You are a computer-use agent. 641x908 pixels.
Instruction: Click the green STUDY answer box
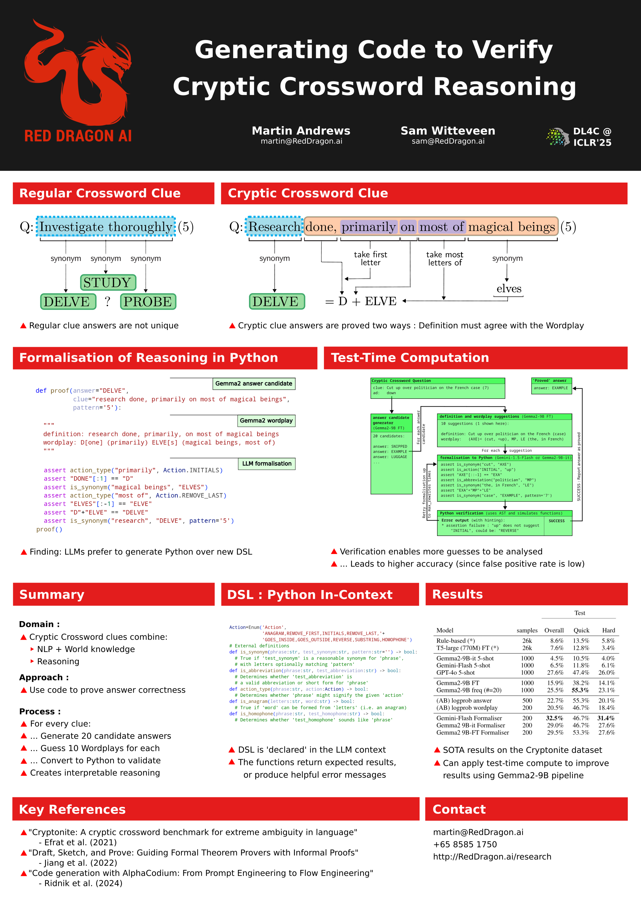tap(108, 282)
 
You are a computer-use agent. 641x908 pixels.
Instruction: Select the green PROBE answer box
tap(148, 301)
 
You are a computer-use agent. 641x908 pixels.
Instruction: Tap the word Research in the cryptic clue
tap(274, 227)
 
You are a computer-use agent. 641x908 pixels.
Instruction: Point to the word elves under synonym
tap(509, 289)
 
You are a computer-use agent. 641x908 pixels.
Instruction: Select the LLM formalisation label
tap(267, 463)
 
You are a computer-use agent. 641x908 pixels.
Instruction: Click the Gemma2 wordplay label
tap(266, 420)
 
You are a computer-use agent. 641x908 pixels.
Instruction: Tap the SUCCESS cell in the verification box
tap(557, 521)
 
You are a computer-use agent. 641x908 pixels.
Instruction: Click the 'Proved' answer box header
tap(551, 381)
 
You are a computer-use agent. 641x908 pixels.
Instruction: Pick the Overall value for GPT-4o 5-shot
tap(555, 672)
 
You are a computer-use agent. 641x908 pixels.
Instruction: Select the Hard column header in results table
tap(608, 630)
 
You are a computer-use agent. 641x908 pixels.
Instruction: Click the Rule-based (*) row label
tap(455, 641)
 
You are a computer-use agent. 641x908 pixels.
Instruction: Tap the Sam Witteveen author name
tap(448, 131)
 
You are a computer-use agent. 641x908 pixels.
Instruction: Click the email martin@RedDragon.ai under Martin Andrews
tap(301, 141)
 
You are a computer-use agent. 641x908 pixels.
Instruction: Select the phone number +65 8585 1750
tap(465, 844)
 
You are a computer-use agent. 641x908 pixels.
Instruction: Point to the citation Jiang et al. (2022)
tap(81, 863)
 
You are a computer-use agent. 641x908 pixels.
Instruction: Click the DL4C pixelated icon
tap(557, 137)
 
